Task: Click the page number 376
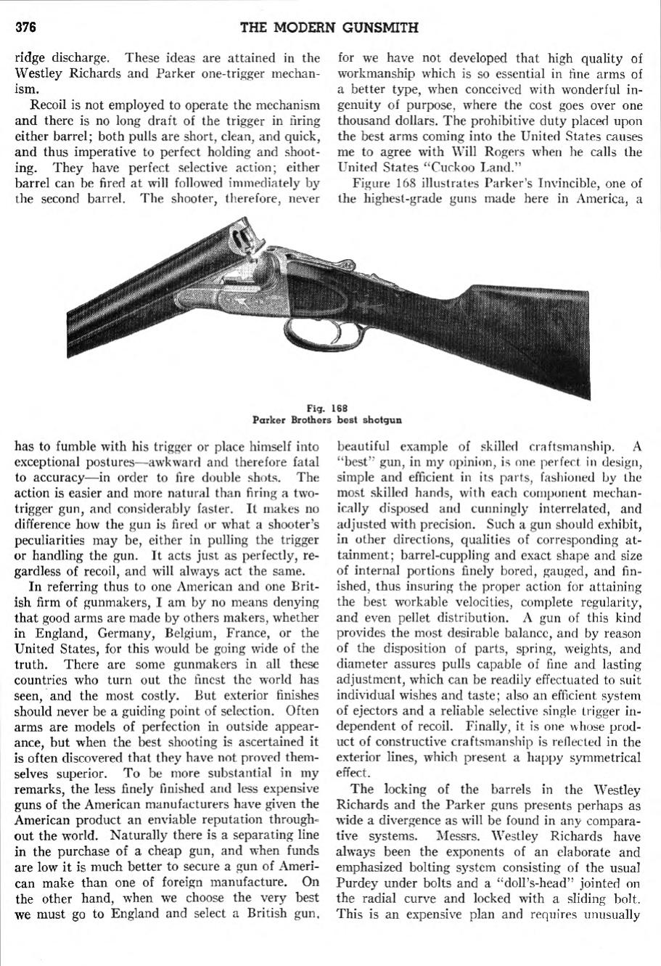(26, 28)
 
